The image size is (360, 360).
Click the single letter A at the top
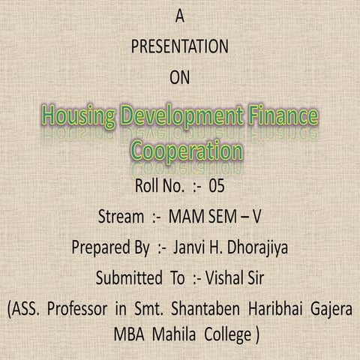pos(178,14)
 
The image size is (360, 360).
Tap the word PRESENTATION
pos(179,46)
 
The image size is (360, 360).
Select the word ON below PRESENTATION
pos(179,76)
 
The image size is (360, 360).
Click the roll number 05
pos(217,184)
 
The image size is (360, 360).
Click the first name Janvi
pos(188,247)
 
